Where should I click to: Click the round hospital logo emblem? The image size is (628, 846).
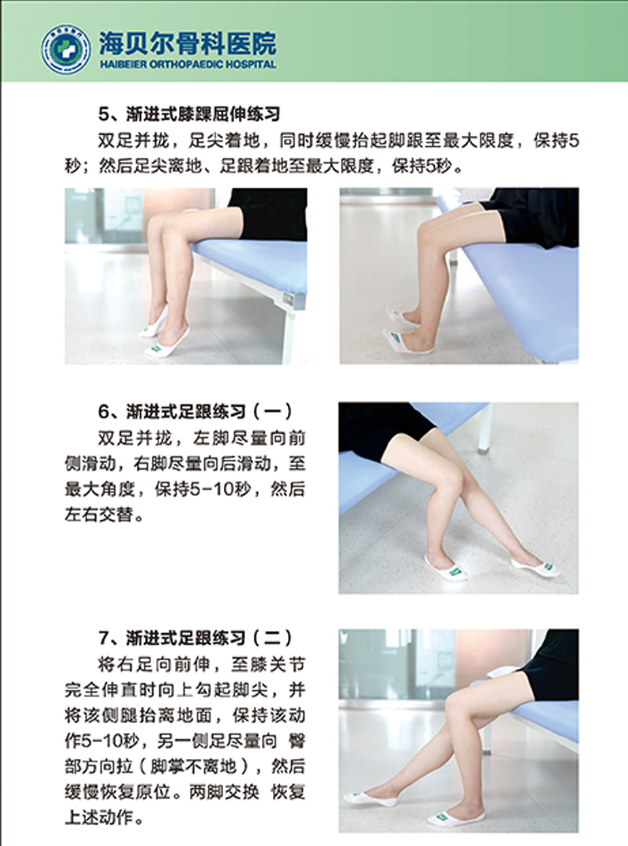pyautogui.click(x=66, y=50)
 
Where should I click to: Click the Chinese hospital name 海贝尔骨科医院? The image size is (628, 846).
pyautogui.click(x=188, y=44)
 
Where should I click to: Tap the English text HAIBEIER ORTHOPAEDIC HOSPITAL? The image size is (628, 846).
pyautogui.click(x=188, y=65)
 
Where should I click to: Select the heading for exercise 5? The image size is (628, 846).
pyautogui.click(x=189, y=114)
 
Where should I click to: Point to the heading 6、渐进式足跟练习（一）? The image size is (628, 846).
pyautogui.click(x=195, y=412)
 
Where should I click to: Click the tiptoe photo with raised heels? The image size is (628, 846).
pyautogui.click(x=186, y=276)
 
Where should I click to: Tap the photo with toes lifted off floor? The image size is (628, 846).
pyautogui.click(x=459, y=276)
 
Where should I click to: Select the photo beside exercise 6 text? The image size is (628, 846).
pyautogui.click(x=459, y=498)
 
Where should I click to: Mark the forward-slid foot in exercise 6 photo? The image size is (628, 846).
pyautogui.click(x=535, y=567)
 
